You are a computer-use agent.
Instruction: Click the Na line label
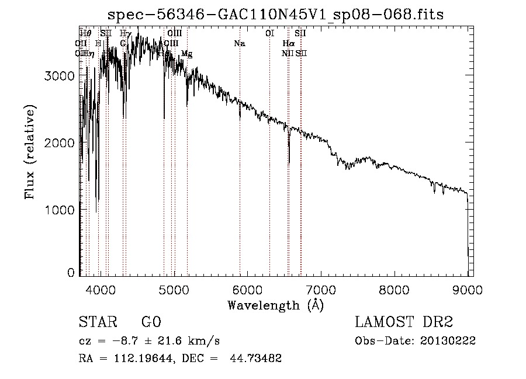[x=239, y=44]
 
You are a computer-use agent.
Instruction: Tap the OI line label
[x=269, y=34]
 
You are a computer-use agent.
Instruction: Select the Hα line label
[x=288, y=44]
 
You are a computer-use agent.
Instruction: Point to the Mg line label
[x=186, y=54]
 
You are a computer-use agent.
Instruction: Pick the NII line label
[x=287, y=53]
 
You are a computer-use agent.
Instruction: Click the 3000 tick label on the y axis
[x=61, y=77]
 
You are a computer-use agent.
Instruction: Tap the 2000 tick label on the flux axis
[x=61, y=143]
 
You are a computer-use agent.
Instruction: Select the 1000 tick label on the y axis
[x=61, y=210]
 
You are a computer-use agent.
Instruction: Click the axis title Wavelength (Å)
[x=275, y=305]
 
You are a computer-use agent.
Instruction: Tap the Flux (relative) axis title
[x=30, y=152]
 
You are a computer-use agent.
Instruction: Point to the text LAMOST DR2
[x=404, y=323]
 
